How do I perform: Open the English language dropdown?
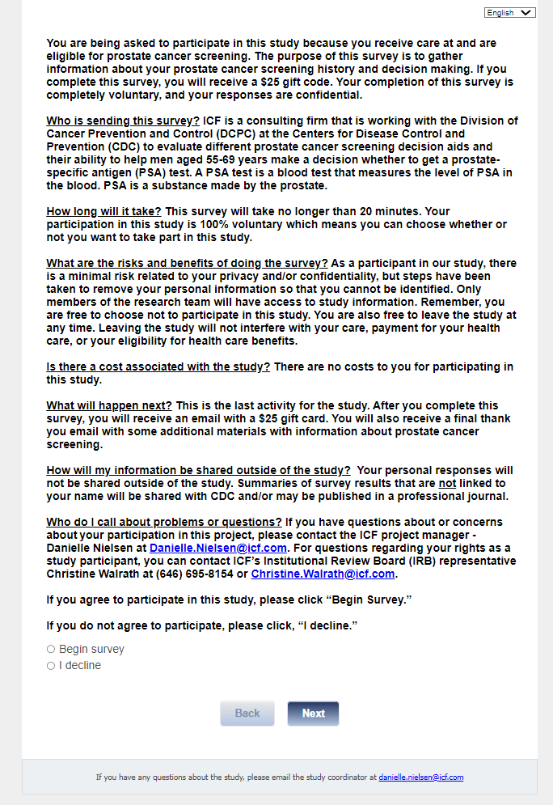pyautogui.click(x=510, y=12)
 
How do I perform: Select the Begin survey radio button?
pyautogui.click(x=51, y=649)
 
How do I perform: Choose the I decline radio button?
pyautogui.click(x=51, y=666)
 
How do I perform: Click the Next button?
pyautogui.click(x=313, y=713)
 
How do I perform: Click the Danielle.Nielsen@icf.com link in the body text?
pyautogui.click(x=218, y=548)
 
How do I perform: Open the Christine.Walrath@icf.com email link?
pyautogui.click(x=323, y=574)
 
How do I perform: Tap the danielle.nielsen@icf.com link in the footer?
pyautogui.click(x=420, y=777)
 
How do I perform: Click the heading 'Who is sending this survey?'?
pyautogui.click(x=124, y=121)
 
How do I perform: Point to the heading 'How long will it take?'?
pyautogui.click(x=104, y=211)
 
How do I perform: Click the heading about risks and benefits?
pyautogui.click(x=187, y=263)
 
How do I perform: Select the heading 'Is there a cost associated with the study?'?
pyautogui.click(x=158, y=366)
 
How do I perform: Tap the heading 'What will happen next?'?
pyautogui.click(x=109, y=405)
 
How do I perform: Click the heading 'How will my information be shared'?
pyautogui.click(x=198, y=470)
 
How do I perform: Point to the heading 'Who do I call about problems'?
pyautogui.click(x=164, y=522)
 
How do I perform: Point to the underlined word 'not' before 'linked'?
pyautogui.click(x=448, y=483)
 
